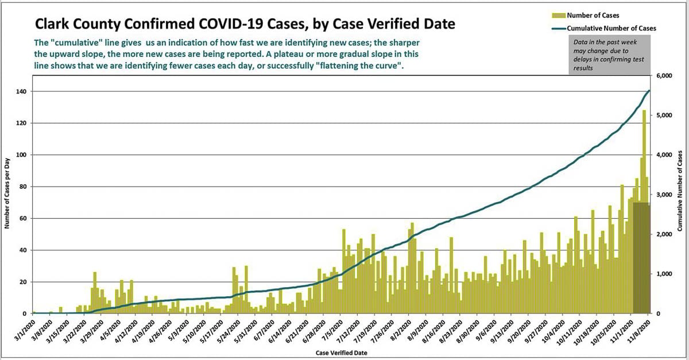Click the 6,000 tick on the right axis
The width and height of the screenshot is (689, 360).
coord(664,76)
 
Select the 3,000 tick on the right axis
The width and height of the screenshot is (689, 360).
coord(664,195)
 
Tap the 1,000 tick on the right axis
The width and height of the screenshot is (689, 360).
coord(664,274)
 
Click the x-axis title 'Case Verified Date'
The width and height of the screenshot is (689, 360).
coord(341,352)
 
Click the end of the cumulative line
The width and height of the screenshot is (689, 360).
coord(649,90)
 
